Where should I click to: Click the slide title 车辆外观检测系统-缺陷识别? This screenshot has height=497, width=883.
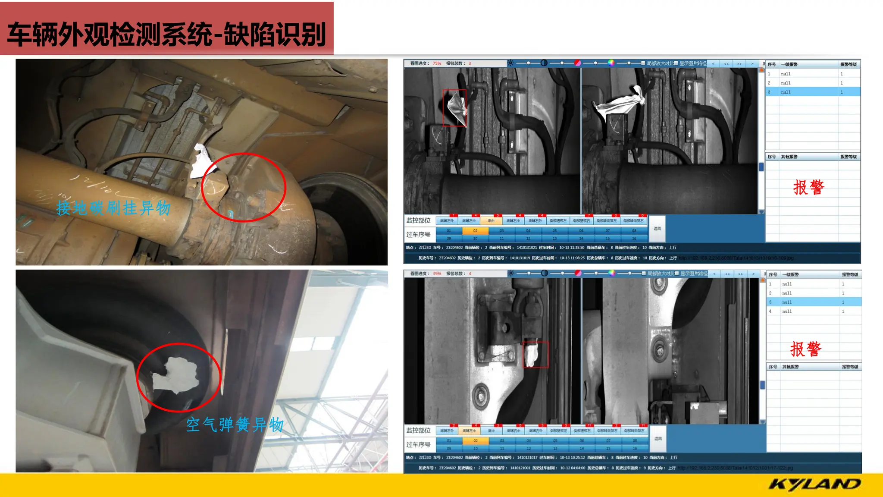(x=166, y=34)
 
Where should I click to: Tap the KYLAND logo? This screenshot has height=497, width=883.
(x=814, y=484)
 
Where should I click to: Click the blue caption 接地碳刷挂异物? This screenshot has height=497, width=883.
(x=113, y=208)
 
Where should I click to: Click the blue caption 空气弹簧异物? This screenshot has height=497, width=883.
(x=235, y=425)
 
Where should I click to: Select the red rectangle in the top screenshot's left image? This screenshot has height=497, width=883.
(x=454, y=108)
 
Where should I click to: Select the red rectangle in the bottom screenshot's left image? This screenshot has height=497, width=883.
(x=535, y=355)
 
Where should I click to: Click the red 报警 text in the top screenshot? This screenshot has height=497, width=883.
(x=808, y=188)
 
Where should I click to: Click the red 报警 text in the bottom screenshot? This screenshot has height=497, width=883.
(x=805, y=349)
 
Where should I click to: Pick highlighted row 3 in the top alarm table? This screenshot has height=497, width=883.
(x=812, y=92)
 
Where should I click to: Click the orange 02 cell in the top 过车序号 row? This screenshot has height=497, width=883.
(x=475, y=231)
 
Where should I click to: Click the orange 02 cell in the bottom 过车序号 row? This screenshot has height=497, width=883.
(x=476, y=441)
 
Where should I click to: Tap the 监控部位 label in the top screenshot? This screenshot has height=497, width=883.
(x=418, y=220)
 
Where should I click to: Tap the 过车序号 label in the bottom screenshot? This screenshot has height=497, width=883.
(x=418, y=444)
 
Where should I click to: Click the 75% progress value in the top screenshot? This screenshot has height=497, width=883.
(x=437, y=63)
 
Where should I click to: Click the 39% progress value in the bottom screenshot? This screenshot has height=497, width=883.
(x=437, y=274)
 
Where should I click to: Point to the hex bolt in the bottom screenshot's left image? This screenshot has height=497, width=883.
(x=480, y=394)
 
